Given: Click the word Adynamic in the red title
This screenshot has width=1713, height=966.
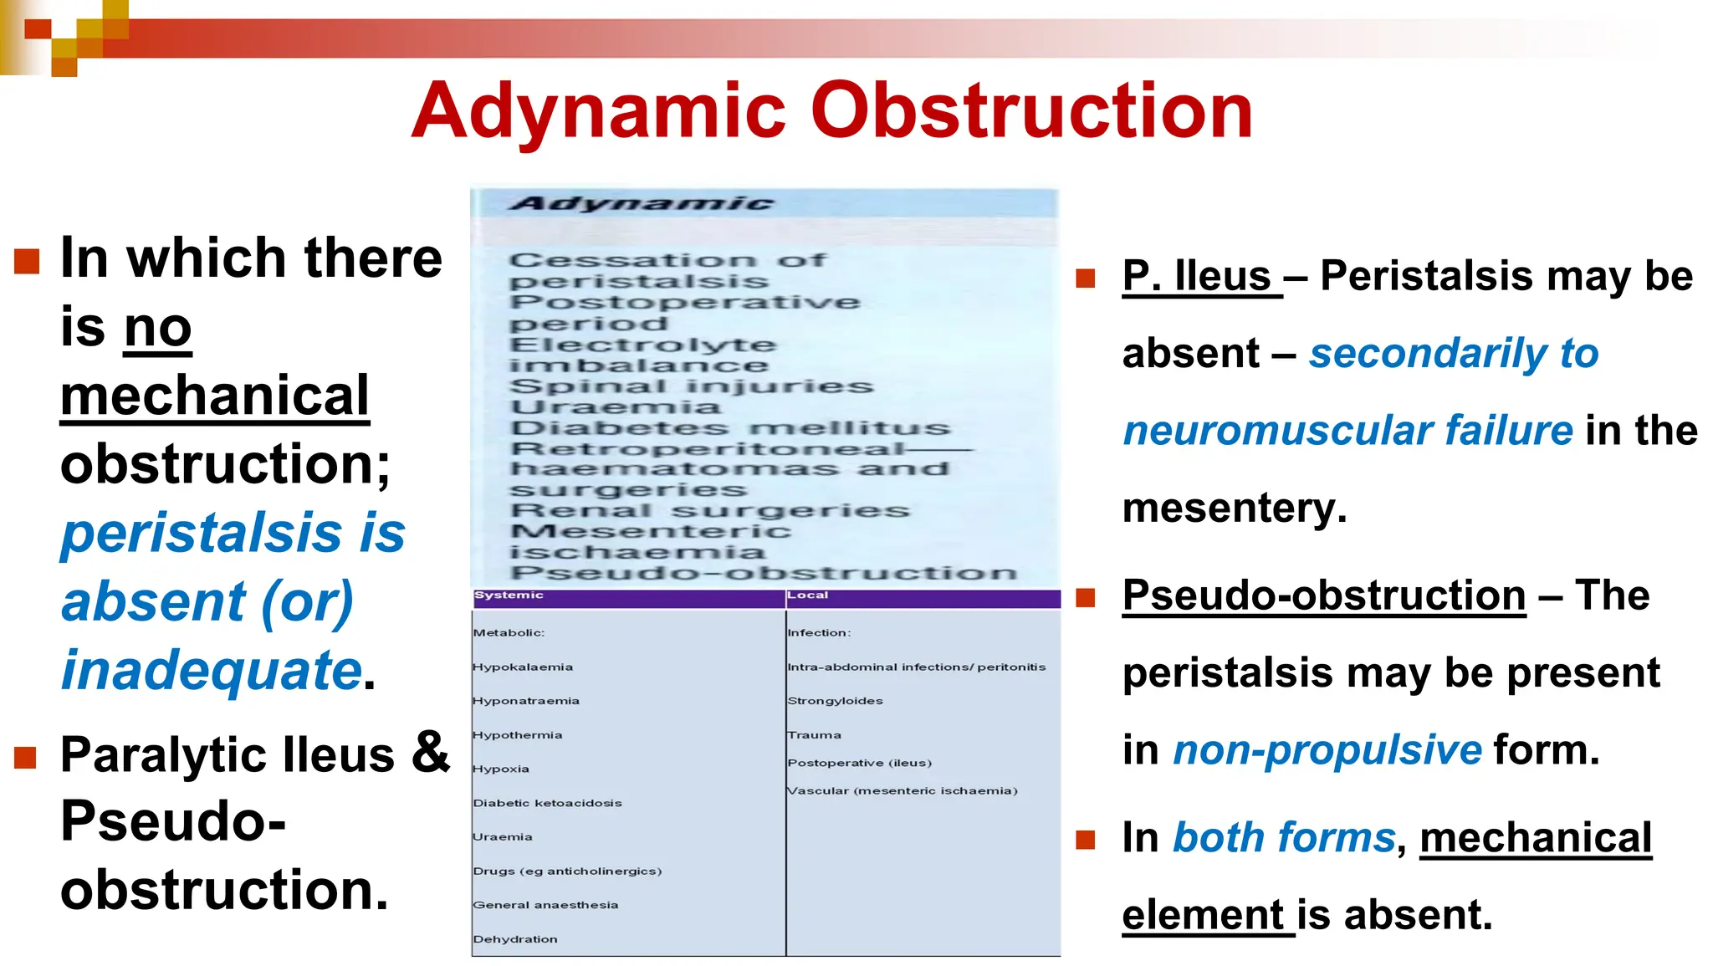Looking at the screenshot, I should pyautogui.click(x=599, y=112).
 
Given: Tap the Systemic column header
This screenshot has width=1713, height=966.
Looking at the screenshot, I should pyautogui.click(x=509, y=595).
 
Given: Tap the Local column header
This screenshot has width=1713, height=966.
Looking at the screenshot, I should pyautogui.click(x=807, y=595).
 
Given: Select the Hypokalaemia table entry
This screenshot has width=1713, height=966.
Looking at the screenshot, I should pyautogui.click(x=523, y=667).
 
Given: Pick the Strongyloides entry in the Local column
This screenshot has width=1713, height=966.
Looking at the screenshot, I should pyautogui.click(x=835, y=701).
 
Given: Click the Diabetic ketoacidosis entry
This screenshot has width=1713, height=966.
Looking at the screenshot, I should pyautogui.click(x=547, y=803).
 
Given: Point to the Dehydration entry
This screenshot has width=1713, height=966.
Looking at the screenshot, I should pyautogui.click(x=515, y=939).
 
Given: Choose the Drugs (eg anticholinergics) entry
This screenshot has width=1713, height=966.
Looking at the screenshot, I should pyautogui.click(x=567, y=871).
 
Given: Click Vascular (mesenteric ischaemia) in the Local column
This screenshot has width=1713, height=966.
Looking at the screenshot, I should pyautogui.click(x=902, y=791).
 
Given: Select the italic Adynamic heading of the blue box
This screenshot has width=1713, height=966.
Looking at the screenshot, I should pyautogui.click(x=642, y=203).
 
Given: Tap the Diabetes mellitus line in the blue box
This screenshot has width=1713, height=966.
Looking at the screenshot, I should pyautogui.click(x=730, y=428).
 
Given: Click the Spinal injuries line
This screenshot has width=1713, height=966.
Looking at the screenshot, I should pyautogui.click(x=691, y=386).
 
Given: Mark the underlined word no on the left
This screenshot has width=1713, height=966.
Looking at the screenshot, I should pyautogui.click(x=157, y=328).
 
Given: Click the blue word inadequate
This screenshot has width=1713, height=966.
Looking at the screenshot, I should pyautogui.click(x=211, y=671).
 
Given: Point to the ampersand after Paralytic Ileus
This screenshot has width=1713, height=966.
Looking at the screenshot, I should pyautogui.click(x=430, y=751).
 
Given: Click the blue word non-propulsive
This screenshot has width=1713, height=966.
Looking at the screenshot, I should pyautogui.click(x=1327, y=749).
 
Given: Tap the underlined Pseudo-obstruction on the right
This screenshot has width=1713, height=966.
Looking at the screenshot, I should pyautogui.click(x=1323, y=595).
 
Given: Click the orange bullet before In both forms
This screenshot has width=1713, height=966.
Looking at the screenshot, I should pyautogui.click(x=1085, y=839).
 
